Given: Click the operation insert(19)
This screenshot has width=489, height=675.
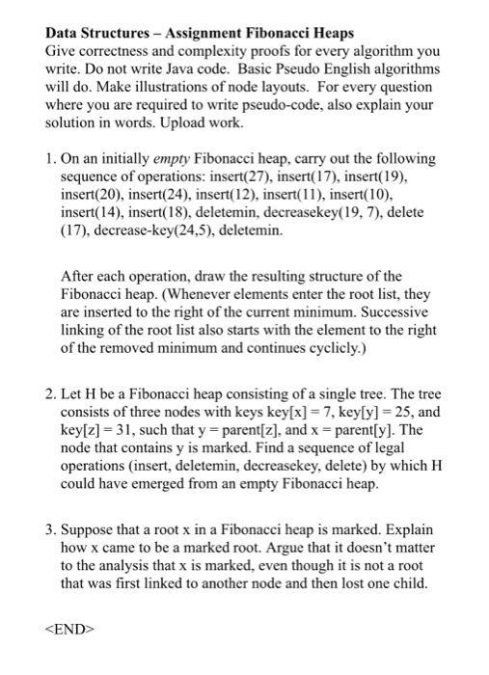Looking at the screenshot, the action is point(407,176).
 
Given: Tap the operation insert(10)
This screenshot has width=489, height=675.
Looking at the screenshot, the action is point(398,194).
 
